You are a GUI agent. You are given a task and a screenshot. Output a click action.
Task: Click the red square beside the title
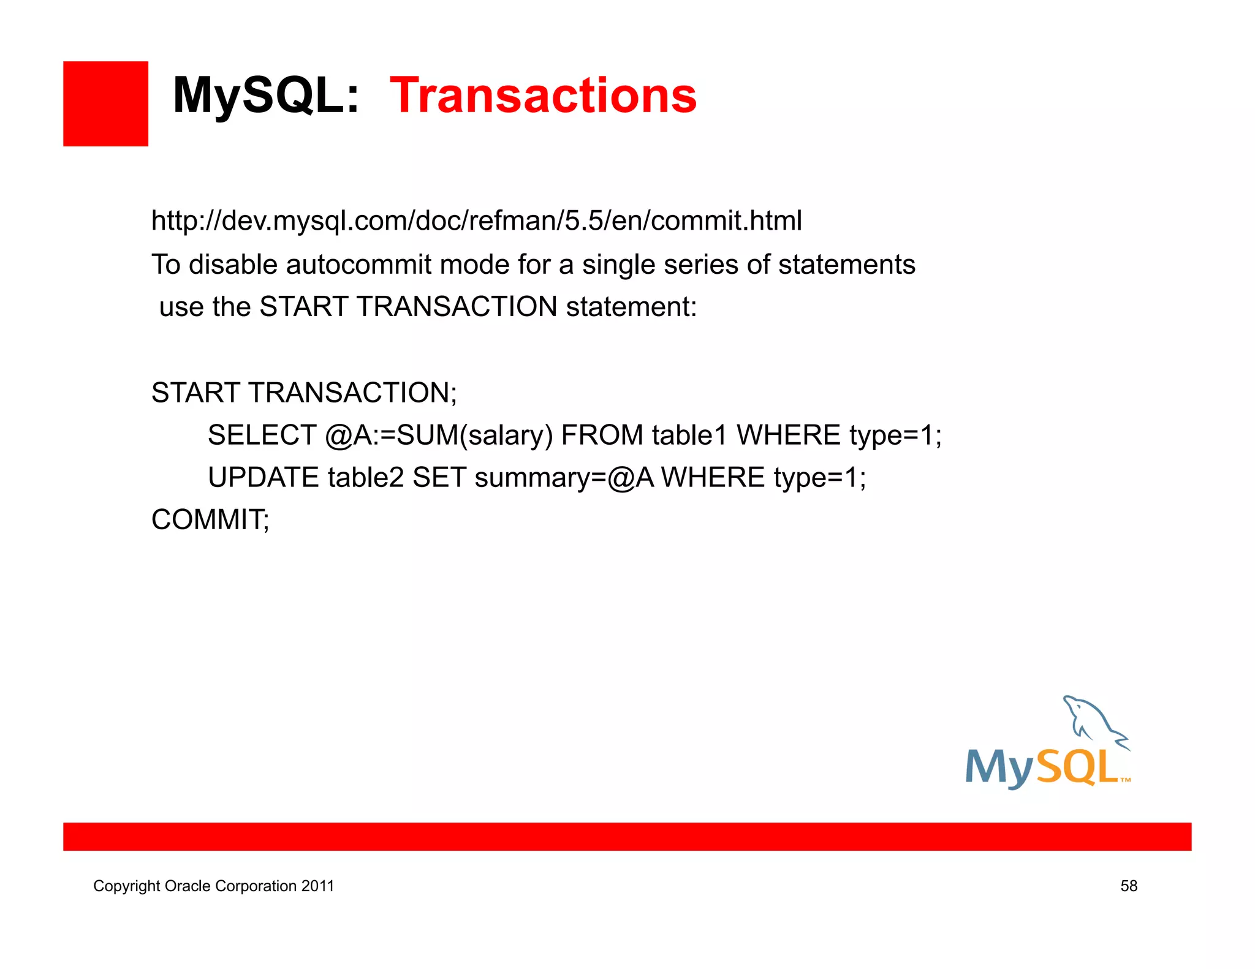(x=105, y=104)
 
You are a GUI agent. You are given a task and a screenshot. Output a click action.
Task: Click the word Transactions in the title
(x=543, y=96)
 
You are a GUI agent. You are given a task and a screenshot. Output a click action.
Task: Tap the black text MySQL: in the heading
(x=265, y=96)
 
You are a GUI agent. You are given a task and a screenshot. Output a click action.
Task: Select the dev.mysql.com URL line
(x=476, y=221)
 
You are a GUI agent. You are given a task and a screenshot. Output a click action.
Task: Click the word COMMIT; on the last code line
(x=210, y=519)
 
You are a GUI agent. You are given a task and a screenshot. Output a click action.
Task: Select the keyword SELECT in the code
(x=262, y=435)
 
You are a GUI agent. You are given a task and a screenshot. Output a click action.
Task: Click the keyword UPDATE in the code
(x=264, y=477)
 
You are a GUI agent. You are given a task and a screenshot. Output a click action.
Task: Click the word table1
(x=689, y=435)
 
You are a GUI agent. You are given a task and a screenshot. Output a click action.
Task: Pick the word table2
(x=366, y=477)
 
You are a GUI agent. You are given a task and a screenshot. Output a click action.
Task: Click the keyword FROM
(x=602, y=435)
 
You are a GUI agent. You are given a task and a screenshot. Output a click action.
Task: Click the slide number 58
(x=1129, y=886)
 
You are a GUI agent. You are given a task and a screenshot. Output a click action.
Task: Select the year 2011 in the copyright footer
(x=317, y=886)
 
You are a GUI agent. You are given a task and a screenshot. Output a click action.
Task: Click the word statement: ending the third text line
(x=631, y=307)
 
